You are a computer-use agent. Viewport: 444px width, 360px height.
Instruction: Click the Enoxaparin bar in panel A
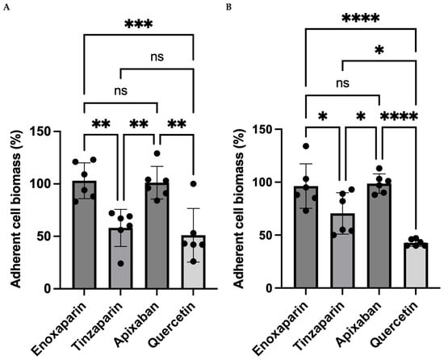tap(84, 235)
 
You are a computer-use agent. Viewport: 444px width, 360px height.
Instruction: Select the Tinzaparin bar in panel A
tap(120, 258)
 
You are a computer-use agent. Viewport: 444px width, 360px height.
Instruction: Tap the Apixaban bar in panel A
tap(157, 236)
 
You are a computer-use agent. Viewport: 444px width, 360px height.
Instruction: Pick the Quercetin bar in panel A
tap(194, 262)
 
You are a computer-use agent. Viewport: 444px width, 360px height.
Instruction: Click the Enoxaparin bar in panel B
tap(306, 237)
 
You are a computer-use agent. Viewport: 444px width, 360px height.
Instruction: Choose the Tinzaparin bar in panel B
tap(342, 250)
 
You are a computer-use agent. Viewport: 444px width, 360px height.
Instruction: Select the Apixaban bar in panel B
tap(379, 236)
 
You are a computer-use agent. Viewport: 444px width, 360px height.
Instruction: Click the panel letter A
tap(6, 7)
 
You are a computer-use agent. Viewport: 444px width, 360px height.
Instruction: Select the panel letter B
tap(228, 7)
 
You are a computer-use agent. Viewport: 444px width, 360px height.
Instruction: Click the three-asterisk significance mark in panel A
tap(139, 24)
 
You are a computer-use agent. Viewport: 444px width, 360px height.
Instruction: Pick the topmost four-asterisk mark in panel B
tap(361, 19)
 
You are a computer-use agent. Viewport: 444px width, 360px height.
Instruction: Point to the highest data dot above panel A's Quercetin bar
tap(193, 184)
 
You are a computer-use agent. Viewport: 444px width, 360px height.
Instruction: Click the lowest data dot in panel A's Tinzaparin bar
tap(120, 264)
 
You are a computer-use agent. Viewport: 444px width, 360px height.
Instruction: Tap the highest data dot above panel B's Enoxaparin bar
tap(306, 146)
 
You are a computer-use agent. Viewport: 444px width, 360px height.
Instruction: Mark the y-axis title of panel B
tap(239, 208)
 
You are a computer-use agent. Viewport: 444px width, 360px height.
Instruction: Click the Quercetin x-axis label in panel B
tap(395, 325)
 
